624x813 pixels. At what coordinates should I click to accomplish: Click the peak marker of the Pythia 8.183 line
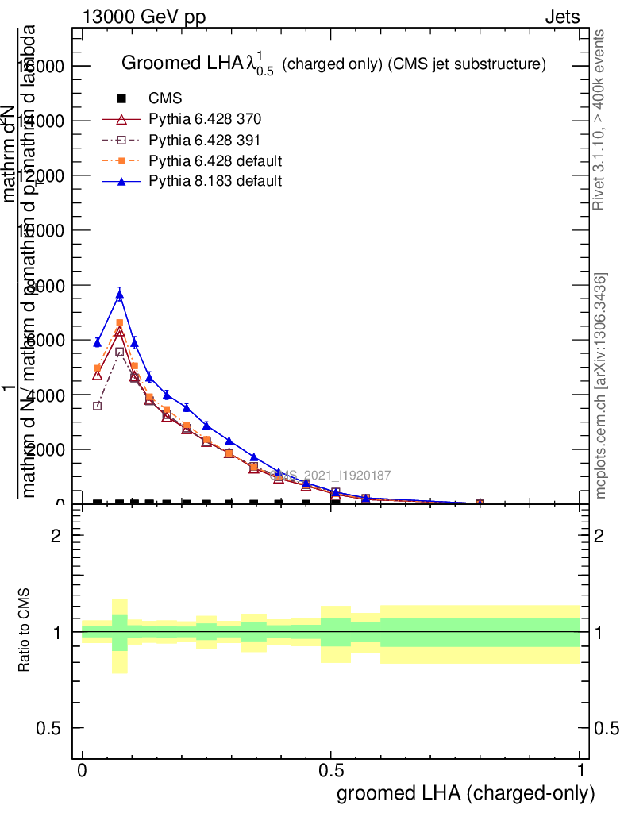(119, 295)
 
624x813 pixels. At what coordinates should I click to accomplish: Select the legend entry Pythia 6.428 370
(205, 120)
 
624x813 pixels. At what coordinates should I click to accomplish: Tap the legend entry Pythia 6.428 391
(205, 141)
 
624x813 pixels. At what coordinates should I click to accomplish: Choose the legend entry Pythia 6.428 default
(215, 161)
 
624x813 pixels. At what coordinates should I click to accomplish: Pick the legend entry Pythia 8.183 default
(215, 181)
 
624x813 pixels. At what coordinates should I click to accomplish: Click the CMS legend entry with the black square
(165, 99)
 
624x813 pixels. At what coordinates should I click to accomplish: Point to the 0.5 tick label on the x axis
(331, 771)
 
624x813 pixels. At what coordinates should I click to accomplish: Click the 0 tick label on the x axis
(83, 771)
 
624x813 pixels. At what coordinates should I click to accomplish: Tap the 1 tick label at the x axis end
(580, 771)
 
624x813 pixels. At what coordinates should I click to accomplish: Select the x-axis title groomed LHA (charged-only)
(466, 793)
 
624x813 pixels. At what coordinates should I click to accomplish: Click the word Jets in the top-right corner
(562, 17)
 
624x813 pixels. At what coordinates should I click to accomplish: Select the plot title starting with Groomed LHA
(333, 64)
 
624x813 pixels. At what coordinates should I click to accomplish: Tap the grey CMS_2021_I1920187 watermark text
(331, 476)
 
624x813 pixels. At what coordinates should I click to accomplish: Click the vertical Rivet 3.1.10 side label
(600, 119)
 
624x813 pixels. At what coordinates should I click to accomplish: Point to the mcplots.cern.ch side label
(602, 386)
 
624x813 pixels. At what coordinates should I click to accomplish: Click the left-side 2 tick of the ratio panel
(56, 536)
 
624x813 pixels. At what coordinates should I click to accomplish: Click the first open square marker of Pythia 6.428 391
(98, 406)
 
